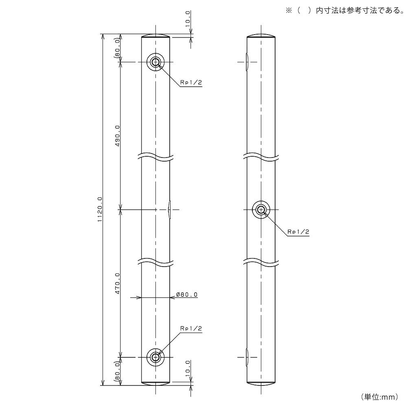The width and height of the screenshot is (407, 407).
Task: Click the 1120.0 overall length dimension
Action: [x=100, y=209]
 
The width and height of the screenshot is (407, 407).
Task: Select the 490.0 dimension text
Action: [x=117, y=136]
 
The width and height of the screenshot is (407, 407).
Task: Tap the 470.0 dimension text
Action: [x=117, y=283]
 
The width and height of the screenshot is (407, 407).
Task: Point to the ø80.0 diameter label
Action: [x=187, y=295]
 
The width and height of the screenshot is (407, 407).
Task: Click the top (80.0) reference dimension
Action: [x=117, y=48]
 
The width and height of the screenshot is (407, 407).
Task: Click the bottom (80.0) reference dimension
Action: [x=117, y=372]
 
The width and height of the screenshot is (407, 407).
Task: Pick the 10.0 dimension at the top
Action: [x=188, y=19]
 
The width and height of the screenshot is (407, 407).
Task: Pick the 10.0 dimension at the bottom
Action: [x=188, y=368]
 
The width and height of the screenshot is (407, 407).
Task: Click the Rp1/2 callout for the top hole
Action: [x=191, y=83]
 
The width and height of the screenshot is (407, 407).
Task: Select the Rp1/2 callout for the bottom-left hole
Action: [x=191, y=328]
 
